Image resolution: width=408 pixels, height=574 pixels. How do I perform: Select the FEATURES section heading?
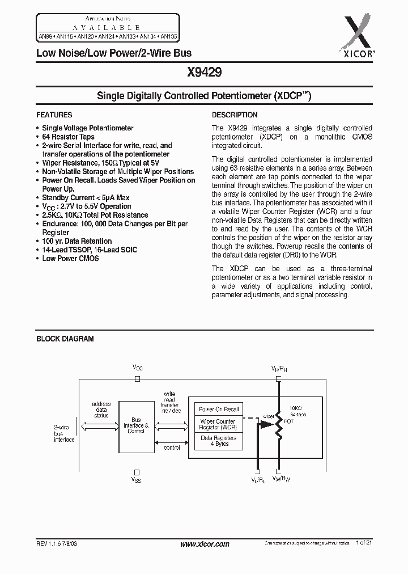coord(54,115)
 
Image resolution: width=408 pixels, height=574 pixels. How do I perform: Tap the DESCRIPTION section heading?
coord(235,115)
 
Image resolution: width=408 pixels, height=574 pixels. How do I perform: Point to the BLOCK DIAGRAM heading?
coord(65,339)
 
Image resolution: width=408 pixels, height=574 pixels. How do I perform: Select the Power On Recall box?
coord(219,409)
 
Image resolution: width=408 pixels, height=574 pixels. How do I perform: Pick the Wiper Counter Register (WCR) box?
coord(219,424)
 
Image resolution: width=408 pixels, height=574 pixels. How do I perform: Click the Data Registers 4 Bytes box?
coord(219,441)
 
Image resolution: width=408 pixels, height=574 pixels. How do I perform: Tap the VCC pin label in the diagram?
coord(138,368)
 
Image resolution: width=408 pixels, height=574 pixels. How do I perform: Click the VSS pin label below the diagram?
coord(136,480)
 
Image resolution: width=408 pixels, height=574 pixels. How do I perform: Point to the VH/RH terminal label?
coord(279,369)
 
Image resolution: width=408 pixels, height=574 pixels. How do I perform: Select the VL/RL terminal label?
coord(258,480)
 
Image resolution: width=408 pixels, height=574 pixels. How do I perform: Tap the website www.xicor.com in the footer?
coord(204,544)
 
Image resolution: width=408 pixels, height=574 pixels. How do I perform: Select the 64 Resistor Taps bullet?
coord(68,137)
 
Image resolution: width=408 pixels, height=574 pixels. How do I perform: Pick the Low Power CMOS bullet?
coord(70,258)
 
